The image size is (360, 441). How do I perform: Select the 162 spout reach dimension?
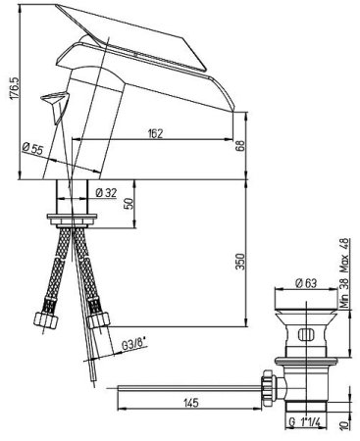(155, 133)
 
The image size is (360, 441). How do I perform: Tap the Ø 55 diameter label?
(33, 149)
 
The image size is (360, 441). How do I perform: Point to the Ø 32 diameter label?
(106, 193)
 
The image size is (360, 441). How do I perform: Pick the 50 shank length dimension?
(129, 204)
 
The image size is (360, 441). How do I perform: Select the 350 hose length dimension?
(240, 261)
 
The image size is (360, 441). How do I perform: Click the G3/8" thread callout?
(133, 345)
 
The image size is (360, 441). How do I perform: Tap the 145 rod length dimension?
(190, 403)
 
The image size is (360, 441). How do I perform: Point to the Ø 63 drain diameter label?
(306, 283)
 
